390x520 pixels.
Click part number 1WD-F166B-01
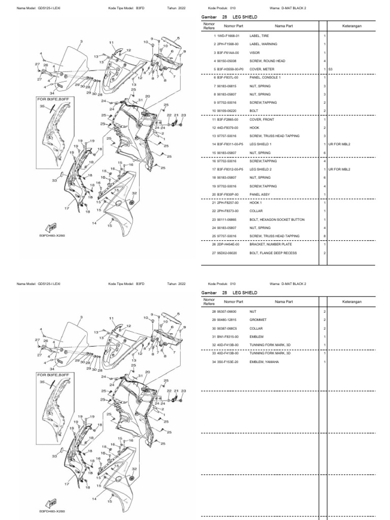[228, 37]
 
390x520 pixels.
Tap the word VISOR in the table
[254, 53]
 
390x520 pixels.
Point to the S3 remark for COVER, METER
[331, 69]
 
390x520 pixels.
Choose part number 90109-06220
[227, 111]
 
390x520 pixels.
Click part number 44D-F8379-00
[228, 127]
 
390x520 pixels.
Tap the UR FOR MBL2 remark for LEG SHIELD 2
[340, 169]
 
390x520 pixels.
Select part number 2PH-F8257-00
[228, 203]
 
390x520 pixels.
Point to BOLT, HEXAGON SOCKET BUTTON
[277, 219]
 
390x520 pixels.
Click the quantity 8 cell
[324, 236]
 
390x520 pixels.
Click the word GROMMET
[257, 320]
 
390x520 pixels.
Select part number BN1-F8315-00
[227, 336]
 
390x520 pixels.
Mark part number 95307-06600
[227, 311]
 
